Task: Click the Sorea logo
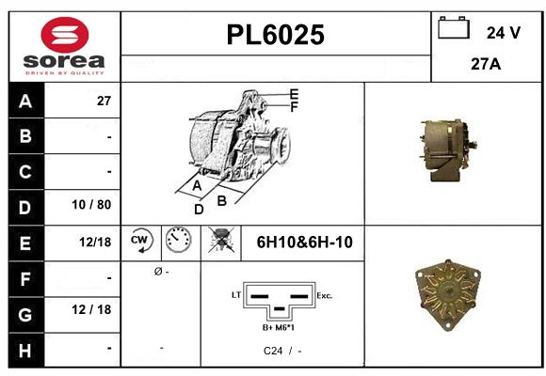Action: [64, 47]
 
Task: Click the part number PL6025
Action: [276, 35]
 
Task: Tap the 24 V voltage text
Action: [503, 32]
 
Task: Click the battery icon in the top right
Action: [454, 28]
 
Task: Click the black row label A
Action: [24, 101]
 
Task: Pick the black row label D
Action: [24, 205]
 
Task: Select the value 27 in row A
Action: [104, 101]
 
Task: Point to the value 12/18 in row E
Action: [96, 242]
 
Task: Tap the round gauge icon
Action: [178, 242]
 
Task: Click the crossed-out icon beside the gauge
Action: [219, 242]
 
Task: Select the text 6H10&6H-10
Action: [304, 243]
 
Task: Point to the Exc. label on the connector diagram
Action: [325, 295]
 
